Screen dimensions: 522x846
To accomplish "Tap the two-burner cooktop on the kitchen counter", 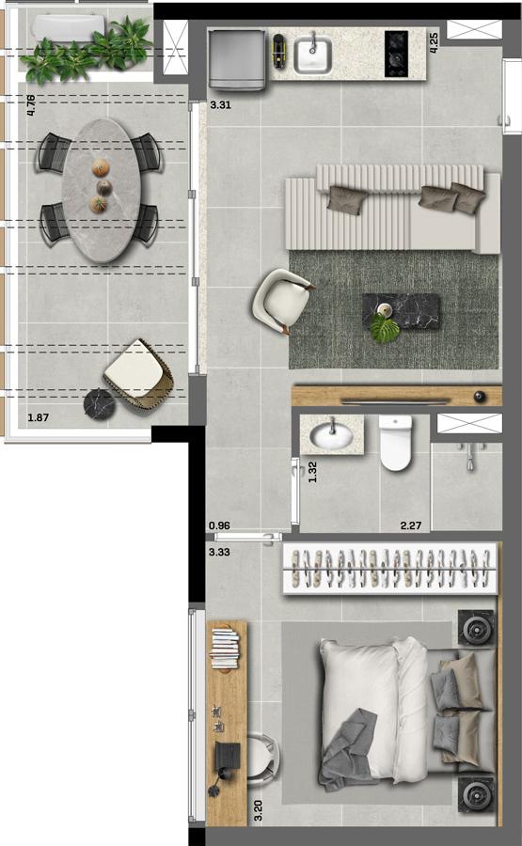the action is pos(396,53).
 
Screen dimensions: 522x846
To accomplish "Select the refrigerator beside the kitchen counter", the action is pos(237,59).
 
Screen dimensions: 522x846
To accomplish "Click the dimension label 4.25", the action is pos(433,42).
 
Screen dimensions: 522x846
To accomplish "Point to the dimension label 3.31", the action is pos(220,105).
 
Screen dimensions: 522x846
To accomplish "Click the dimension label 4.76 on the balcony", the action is pos(31,105).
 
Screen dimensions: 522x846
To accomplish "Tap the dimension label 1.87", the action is pos(38,417).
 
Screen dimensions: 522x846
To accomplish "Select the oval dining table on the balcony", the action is pos(101,191).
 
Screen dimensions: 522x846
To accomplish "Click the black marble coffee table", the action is pos(401,312).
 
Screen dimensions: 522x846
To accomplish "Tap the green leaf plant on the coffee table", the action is pos(385,328).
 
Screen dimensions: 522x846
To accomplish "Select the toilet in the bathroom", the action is pos(396,443).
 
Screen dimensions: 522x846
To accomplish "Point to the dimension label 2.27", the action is pos(411,525).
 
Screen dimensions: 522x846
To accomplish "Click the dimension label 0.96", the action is pos(219,525).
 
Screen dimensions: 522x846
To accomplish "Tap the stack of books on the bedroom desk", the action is pos(224,648).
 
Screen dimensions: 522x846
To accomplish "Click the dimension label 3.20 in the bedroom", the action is pos(258,810).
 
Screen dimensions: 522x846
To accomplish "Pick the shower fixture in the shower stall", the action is pos(469,455).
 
